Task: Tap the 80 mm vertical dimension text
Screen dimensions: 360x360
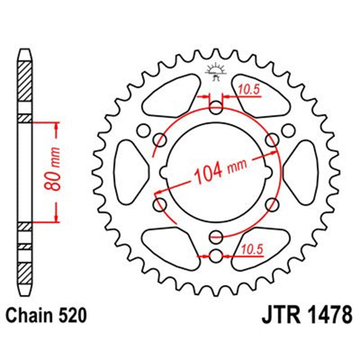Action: coord(56,172)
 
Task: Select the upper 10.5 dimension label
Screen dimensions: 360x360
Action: coord(245,88)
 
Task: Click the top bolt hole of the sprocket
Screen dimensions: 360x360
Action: coord(215,107)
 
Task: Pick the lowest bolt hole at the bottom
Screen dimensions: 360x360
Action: coord(215,256)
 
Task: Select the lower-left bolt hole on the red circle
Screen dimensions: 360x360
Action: coord(159,202)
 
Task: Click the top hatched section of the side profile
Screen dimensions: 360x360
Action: coord(24,84)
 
